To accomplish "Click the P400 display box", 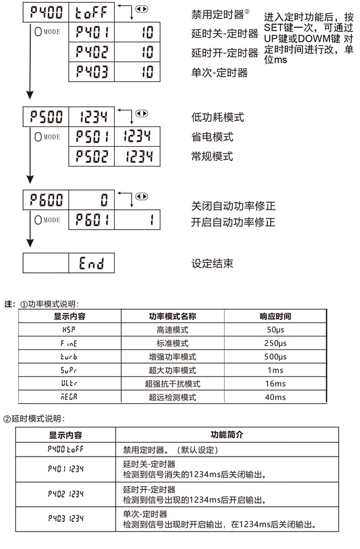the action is (x=46, y=12).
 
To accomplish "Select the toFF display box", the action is (x=91, y=12).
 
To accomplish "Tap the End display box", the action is (x=91, y=263).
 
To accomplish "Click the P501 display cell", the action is (x=92, y=136).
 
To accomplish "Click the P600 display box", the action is (x=46, y=200).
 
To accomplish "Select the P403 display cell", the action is (x=92, y=72).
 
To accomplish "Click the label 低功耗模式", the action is (x=217, y=117).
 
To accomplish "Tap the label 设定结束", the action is (x=212, y=264).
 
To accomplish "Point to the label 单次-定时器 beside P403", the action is (x=219, y=73).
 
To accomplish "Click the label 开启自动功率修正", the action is (x=233, y=223).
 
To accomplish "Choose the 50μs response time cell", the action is (x=275, y=330).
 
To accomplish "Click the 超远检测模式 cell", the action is (x=172, y=397).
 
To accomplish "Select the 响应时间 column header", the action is (x=275, y=316).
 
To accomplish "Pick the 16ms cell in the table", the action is (x=275, y=384).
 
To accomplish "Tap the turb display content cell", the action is (x=69, y=357).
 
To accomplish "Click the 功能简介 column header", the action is (x=227, y=435).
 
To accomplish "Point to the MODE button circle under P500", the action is (x=38, y=137).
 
